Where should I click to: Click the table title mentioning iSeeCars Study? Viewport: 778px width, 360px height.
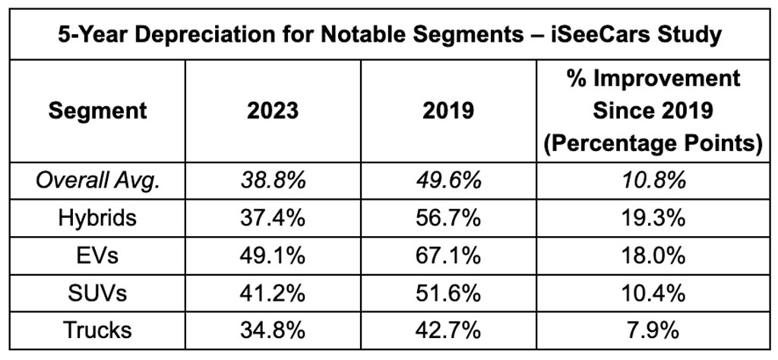pyautogui.click(x=389, y=36)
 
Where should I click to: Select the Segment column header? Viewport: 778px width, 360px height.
pyautogui.click(x=97, y=111)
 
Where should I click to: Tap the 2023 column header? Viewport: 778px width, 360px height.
pyautogui.click(x=274, y=111)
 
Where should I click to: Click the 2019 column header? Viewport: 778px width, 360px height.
pyautogui.click(x=448, y=111)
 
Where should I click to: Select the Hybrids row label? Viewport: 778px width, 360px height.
pyautogui.click(x=97, y=219)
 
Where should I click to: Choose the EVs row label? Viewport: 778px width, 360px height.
pyautogui.click(x=97, y=256)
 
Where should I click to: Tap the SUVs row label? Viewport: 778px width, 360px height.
pyautogui.click(x=97, y=293)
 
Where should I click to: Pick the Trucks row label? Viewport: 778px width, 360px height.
pyautogui.click(x=97, y=330)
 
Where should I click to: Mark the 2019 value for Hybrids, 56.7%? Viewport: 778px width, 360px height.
pyautogui.click(x=448, y=219)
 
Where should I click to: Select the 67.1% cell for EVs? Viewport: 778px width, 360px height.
pyautogui.click(x=448, y=256)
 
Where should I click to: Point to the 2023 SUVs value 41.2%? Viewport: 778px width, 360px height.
pyautogui.click(x=274, y=293)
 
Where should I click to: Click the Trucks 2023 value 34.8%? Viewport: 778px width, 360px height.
pyautogui.click(x=274, y=330)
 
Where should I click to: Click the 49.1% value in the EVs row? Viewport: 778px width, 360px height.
pyautogui.click(x=274, y=256)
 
